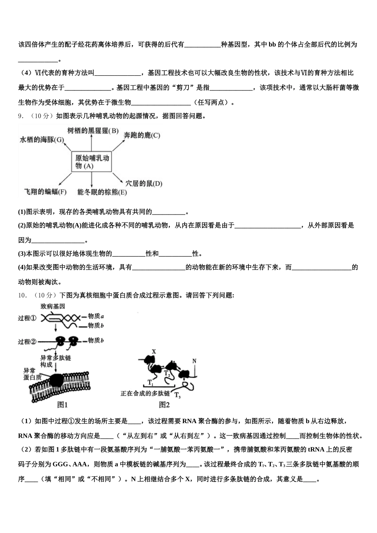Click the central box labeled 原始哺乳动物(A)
tap(92, 162)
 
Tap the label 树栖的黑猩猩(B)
tap(93, 131)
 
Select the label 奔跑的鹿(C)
tap(142, 135)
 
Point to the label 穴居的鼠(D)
tap(144, 183)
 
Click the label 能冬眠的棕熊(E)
tap(102, 192)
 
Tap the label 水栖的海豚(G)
tap(42, 140)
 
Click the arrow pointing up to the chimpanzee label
tap(91, 142)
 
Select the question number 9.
tap(21, 116)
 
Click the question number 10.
tap(23, 295)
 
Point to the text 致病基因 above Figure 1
tap(52, 307)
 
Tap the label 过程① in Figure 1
tap(27, 318)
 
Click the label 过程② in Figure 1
tap(27, 341)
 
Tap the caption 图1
tap(63, 405)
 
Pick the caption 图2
tap(164, 405)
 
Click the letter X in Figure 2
tap(154, 351)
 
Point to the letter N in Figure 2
tap(194, 361)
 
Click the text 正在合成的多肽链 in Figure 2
tap(145, 393)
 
